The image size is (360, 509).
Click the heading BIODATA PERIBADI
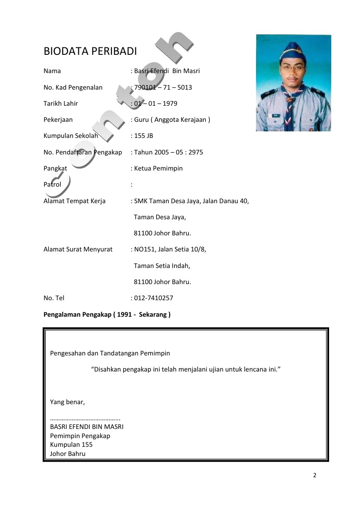point(90,51)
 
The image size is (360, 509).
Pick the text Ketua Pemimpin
point(158,168)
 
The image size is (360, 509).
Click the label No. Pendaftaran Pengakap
point(83,152)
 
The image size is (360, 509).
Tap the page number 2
point(315,475)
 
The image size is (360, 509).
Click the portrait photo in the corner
point(293,83)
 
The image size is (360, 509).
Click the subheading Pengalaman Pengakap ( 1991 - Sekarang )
point(107,314)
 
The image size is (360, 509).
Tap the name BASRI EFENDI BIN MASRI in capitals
point(87,427)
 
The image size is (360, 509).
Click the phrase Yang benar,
point(67,402)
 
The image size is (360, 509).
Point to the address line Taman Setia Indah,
point(162,265)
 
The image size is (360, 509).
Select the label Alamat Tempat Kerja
point(74,201)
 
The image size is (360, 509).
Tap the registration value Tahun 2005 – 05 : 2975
point(168,152)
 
